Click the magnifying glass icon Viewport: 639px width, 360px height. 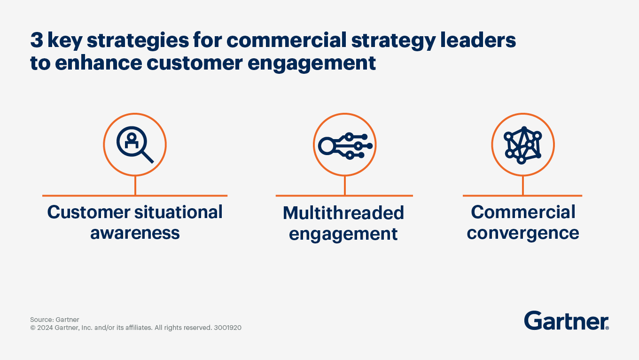135,144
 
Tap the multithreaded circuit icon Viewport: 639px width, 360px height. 345,145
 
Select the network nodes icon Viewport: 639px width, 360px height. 522,145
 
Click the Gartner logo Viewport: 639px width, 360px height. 566,321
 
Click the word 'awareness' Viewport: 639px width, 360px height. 135,233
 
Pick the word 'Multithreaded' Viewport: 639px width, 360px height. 343,213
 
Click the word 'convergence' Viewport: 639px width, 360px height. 523,233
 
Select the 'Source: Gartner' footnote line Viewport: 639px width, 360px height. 55,320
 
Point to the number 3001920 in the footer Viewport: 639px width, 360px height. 227,328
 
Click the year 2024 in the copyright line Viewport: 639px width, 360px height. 46,328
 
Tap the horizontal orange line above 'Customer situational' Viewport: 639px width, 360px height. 135,196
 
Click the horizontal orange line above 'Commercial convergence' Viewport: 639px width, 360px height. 522,196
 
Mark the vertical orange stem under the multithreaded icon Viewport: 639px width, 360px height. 345,186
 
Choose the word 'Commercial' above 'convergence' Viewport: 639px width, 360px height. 523,212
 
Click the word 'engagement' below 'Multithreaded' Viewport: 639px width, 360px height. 343,234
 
